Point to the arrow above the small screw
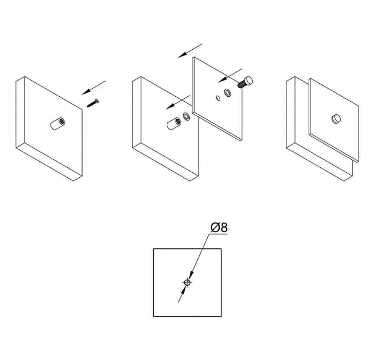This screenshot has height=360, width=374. [93, 88]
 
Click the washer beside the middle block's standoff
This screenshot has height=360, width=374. [187, 116]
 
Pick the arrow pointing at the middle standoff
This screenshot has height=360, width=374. [178, 102]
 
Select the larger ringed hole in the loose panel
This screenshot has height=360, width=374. [228, 92]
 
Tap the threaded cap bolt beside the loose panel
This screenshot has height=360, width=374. [245, 82]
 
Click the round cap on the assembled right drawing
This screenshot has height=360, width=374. [336, 119]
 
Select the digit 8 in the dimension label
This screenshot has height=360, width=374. [224, 228]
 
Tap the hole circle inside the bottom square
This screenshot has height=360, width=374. [187, 282]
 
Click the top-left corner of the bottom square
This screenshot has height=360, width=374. [154, 249]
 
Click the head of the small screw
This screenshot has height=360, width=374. [97, 101]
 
